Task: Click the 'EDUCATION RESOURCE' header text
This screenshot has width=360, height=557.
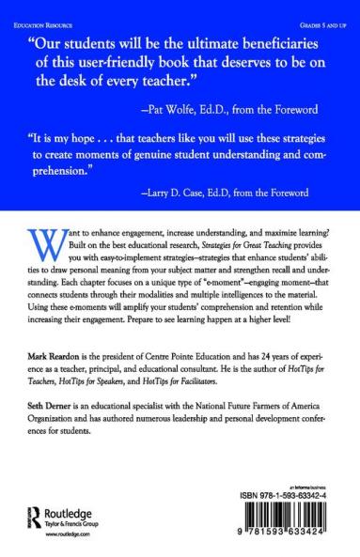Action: click(43, 12)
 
